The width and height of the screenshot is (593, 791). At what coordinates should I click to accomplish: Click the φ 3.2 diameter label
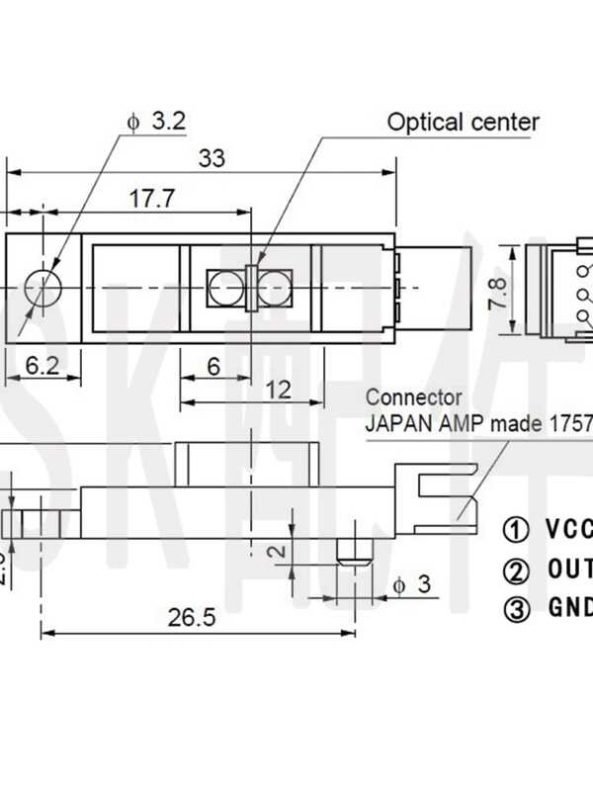coord(156,122)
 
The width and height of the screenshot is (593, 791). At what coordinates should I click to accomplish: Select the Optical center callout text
coord(463,123)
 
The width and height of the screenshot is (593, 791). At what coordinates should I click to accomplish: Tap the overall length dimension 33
coord(212,158)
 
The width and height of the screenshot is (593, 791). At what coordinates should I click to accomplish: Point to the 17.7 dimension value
coord(151,198)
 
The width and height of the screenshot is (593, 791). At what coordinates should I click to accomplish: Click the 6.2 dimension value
coord(42,366)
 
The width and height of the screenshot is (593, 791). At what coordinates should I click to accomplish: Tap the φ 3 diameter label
coord(411,584)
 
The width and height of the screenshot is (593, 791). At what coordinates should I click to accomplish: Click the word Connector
coord(413,397)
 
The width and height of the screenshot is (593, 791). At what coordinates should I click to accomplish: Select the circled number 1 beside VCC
coord(516,529)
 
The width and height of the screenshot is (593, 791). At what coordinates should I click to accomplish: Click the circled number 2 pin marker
coord(516,570)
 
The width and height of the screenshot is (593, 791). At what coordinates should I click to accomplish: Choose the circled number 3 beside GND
coord(516,608)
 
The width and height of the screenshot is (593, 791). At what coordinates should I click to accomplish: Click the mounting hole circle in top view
coord(42,288)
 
